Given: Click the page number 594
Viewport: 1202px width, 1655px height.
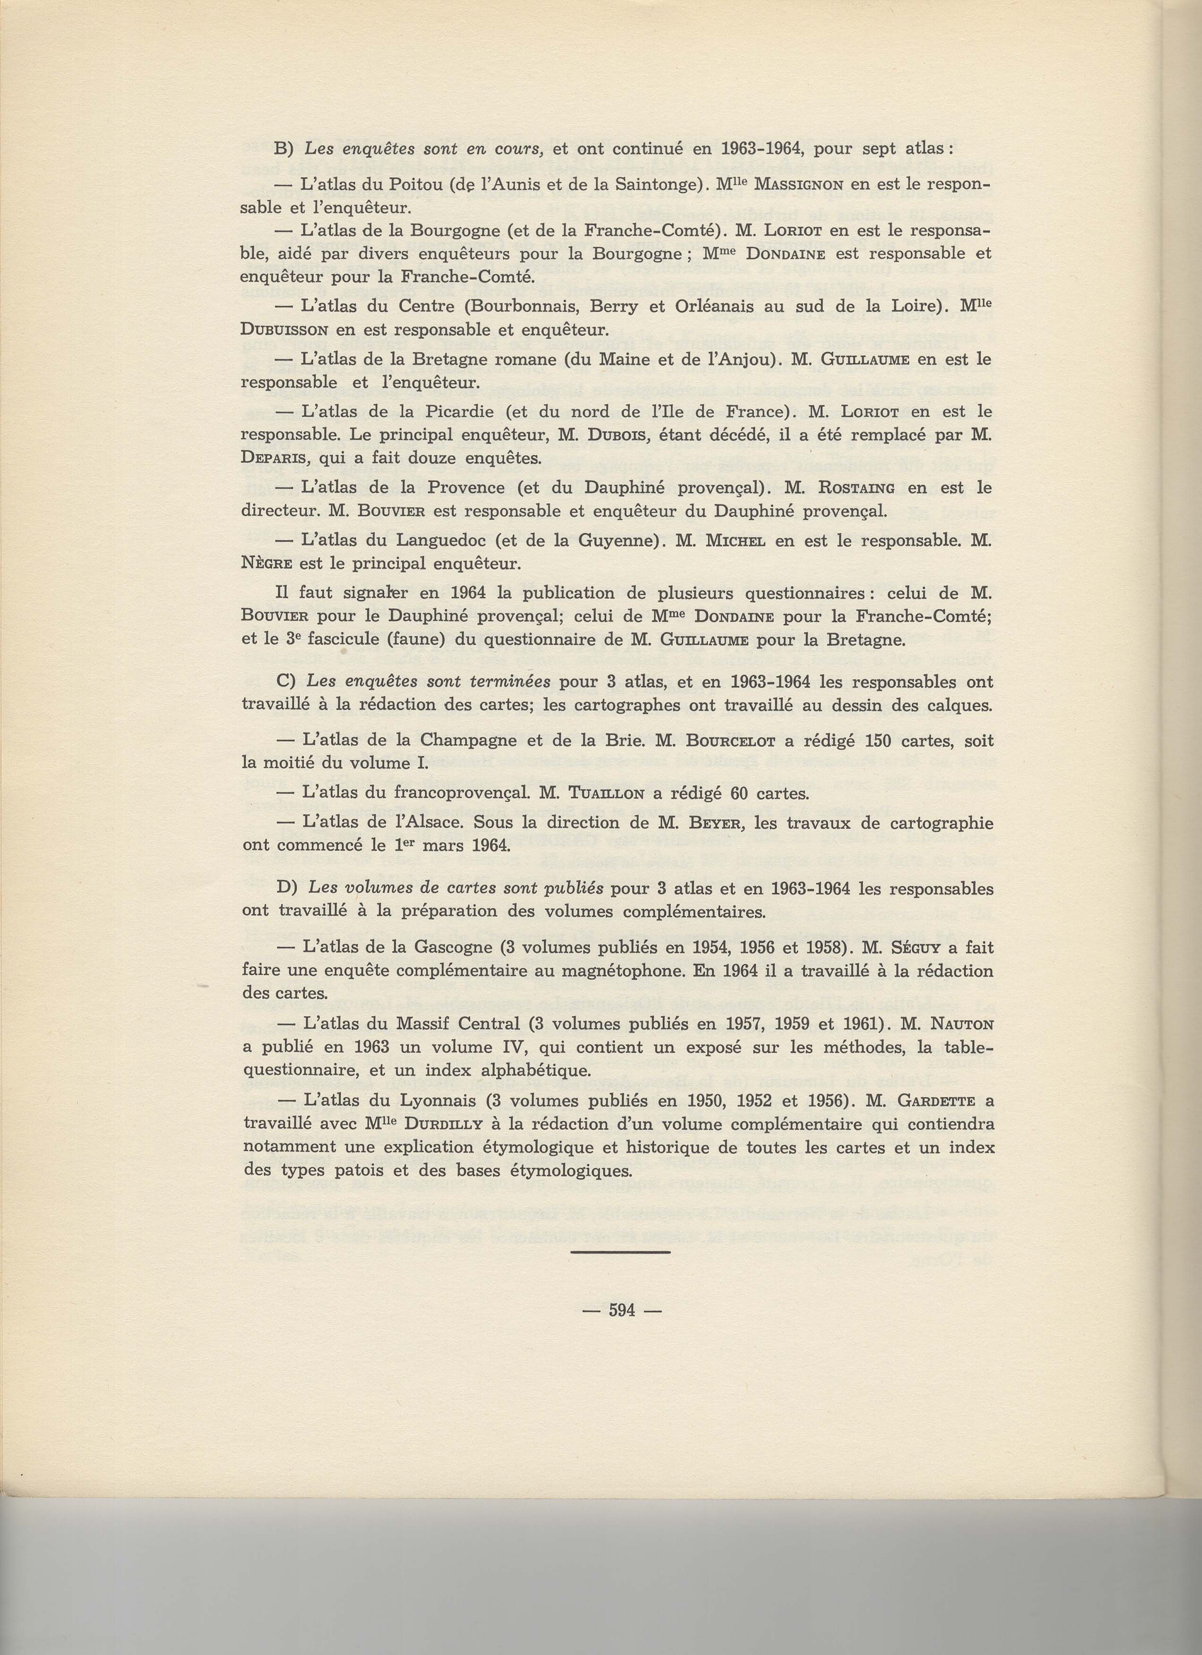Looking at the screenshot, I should (623, 1330).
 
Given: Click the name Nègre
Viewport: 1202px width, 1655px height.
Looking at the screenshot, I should (268, 564).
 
